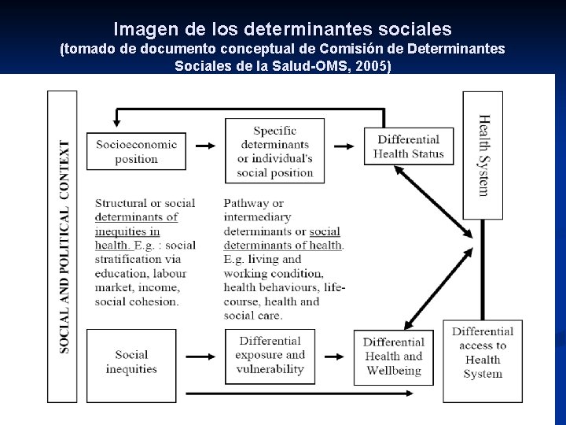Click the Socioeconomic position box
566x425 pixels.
[137, 151]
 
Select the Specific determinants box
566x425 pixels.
[274, 151]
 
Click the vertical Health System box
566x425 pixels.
[483, 155]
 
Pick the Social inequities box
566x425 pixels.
[131, 362]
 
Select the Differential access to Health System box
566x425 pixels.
[482, 353]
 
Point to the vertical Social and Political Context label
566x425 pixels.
[64, 246]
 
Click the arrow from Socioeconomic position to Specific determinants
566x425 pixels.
[205, 146]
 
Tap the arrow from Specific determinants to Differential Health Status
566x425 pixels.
[344, 146]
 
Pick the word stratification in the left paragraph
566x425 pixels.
[126, 259]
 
